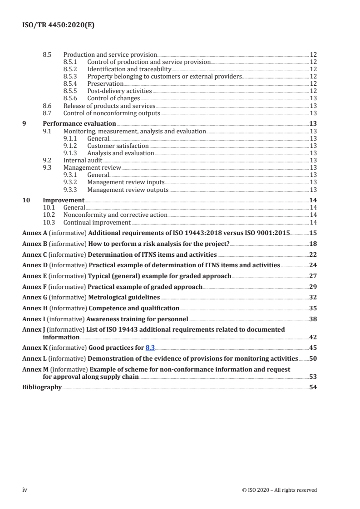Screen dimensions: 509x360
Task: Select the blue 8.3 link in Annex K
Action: pyautogui.click(x=150, y=348)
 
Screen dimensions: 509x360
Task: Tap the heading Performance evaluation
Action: pyautogui.click(x=79, y=124)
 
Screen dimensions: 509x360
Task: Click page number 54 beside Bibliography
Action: pyautogui.click(x=313, y=387)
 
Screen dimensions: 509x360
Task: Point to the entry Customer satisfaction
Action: pyautogui.click(x=118, y=146)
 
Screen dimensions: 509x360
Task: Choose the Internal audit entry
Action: pyautogui.click(x=83, y=161)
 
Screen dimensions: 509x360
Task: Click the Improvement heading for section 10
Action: pyautogui.click(x=63, y=201)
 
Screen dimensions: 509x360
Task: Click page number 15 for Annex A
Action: pyautogui.click(x=313, y=233)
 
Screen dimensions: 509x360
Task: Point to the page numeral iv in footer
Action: pyautogui.click(x=25, y=490)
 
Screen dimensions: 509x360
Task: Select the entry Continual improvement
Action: pyautogui.click(x=97, y=222)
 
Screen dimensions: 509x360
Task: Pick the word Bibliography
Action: pyautogui.click(x=42, y=387)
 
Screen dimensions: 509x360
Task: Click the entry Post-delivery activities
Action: pyautogui.click(x=119, y=91)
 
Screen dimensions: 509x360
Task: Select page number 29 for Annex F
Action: pyautogui.click(x=313, y=287)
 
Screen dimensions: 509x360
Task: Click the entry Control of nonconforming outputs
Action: pyautogui.click(x=112, y=113)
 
